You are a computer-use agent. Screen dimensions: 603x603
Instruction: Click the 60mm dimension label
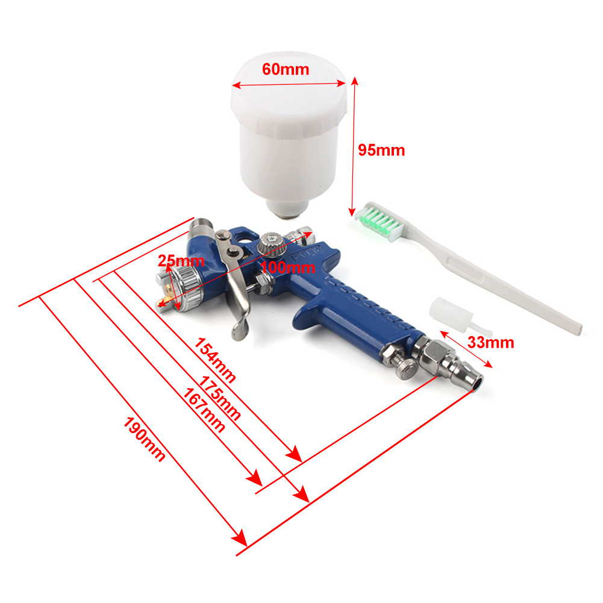pyautogui.click(x=286, y=69)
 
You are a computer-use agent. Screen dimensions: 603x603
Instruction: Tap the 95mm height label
pyautogui.click(x=381, y=150)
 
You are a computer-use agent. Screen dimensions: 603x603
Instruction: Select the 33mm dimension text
pyautogui.click(x=491, y=342)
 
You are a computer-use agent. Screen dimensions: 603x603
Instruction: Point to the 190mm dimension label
pyautogui.click(x=144, y=439)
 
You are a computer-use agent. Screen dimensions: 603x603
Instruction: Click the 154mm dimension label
pyautogui.click(x=214, y=360)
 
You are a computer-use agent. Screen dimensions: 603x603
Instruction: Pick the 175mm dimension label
pyautogui.click(x=219, y=398)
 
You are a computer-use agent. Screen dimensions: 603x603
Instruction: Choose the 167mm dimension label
pyautogui.click(x=204, y=410)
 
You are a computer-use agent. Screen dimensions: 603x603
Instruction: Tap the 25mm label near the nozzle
pyautogui.click(x=181, y=261)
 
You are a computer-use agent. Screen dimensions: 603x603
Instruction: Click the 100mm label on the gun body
pyautogui.click(x=288, y=267)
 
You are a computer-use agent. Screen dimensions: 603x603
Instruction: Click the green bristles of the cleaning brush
pyautogui.click(x=379, y=221)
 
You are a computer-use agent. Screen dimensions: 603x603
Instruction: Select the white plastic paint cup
pyautogui.click(x=289, y=133)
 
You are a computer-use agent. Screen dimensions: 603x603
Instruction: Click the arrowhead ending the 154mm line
pyautogui.click(x=294, y=454)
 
